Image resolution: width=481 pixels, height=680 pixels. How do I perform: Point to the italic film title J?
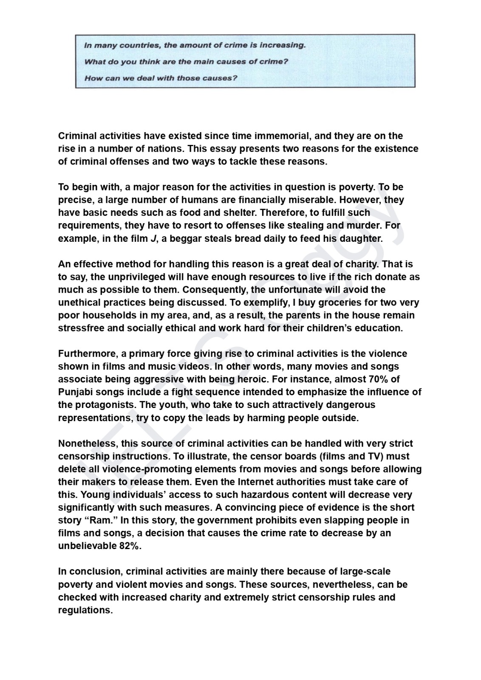point(153,238)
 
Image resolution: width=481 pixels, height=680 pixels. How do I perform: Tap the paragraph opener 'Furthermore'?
point(87,354)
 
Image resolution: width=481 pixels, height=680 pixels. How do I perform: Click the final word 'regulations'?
point(85,610)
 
